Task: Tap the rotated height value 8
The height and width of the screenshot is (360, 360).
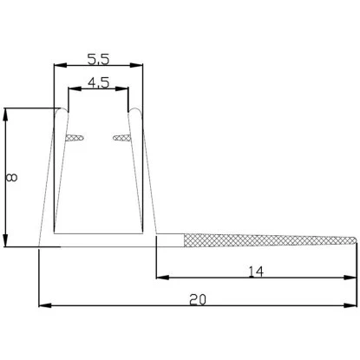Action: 10,177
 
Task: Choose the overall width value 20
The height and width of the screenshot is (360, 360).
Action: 198,299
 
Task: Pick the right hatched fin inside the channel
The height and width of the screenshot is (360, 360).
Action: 121,137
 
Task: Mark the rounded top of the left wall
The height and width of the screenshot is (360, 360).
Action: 60,112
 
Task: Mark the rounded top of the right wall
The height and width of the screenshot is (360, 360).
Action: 136,112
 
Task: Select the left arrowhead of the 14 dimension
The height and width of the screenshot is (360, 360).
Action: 161,278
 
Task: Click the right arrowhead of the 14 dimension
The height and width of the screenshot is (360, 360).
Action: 351,278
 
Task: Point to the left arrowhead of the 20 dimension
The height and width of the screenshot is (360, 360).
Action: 44,305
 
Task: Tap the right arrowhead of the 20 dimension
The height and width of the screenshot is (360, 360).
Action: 351,305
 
